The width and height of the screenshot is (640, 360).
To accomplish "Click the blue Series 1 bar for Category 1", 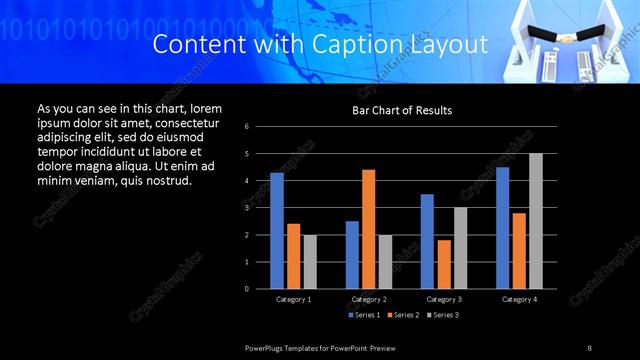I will click(277, 231).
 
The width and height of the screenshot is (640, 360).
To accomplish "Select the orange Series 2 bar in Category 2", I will click(369, 229).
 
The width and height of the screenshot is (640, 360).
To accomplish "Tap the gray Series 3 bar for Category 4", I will click(536, 221).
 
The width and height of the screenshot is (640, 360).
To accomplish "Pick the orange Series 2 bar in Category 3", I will click(444, 264).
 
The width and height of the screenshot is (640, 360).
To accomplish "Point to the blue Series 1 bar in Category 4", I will click(503, 228).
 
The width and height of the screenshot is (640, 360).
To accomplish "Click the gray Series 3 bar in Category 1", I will click(310, 262).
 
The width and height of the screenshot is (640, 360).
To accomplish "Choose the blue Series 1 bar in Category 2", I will click(352, 255).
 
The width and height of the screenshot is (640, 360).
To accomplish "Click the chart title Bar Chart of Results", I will click(402, 110).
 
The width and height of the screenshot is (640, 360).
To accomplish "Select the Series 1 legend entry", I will click(365, 315).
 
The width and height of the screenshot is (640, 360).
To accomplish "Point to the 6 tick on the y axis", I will click(260, 127).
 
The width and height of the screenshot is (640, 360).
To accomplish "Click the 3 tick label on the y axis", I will click(260, 208).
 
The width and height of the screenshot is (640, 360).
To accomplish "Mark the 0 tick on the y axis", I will click(260, 289).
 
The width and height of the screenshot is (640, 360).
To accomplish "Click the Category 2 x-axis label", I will click(369, 299).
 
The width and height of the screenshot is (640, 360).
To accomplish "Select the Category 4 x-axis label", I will click(520, 299).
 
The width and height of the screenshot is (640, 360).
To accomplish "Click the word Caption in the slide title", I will click(361, 45).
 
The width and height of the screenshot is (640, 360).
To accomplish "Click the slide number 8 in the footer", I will click(590, 347).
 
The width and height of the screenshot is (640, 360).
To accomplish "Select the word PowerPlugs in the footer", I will click(267, 347).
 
